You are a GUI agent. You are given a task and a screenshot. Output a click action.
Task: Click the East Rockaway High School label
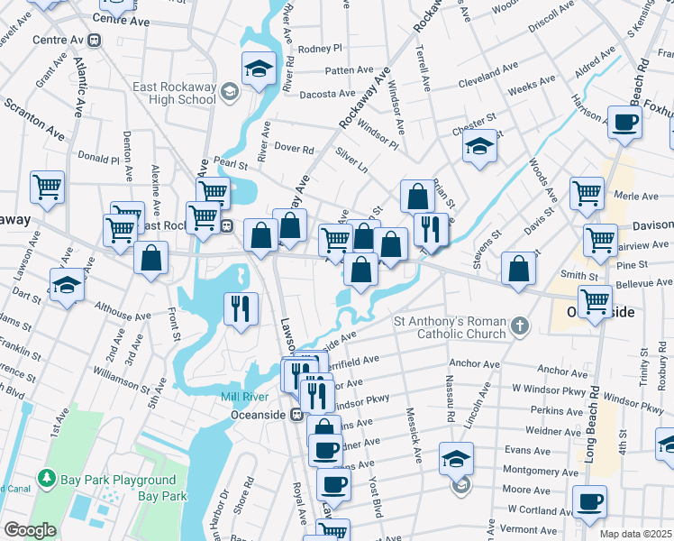click(x=174, y=93)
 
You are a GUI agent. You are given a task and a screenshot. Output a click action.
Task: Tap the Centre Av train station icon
click(x=95, y=41)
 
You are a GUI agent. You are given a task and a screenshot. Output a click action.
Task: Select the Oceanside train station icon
click(x=295, y=414)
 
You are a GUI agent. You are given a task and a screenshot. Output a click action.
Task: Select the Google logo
click(x=30, y=530)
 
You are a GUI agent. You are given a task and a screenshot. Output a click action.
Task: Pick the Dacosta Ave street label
click(x=327, y=93)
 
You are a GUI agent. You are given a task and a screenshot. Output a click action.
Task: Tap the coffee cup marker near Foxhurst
click(x=624, y=122)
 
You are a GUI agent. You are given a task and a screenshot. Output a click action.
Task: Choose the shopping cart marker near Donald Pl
click(x=47, y=188)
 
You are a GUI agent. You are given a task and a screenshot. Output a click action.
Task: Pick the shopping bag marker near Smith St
click(x=518, y=268)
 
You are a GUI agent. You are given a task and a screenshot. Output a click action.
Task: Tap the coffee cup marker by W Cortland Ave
click(x=589, y=501)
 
